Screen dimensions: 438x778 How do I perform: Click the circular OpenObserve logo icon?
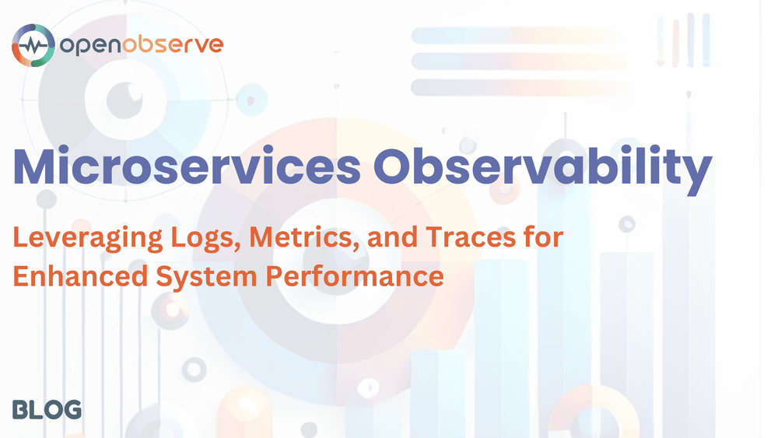33,44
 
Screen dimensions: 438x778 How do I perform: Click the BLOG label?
47,409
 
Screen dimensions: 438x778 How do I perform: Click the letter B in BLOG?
20,409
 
